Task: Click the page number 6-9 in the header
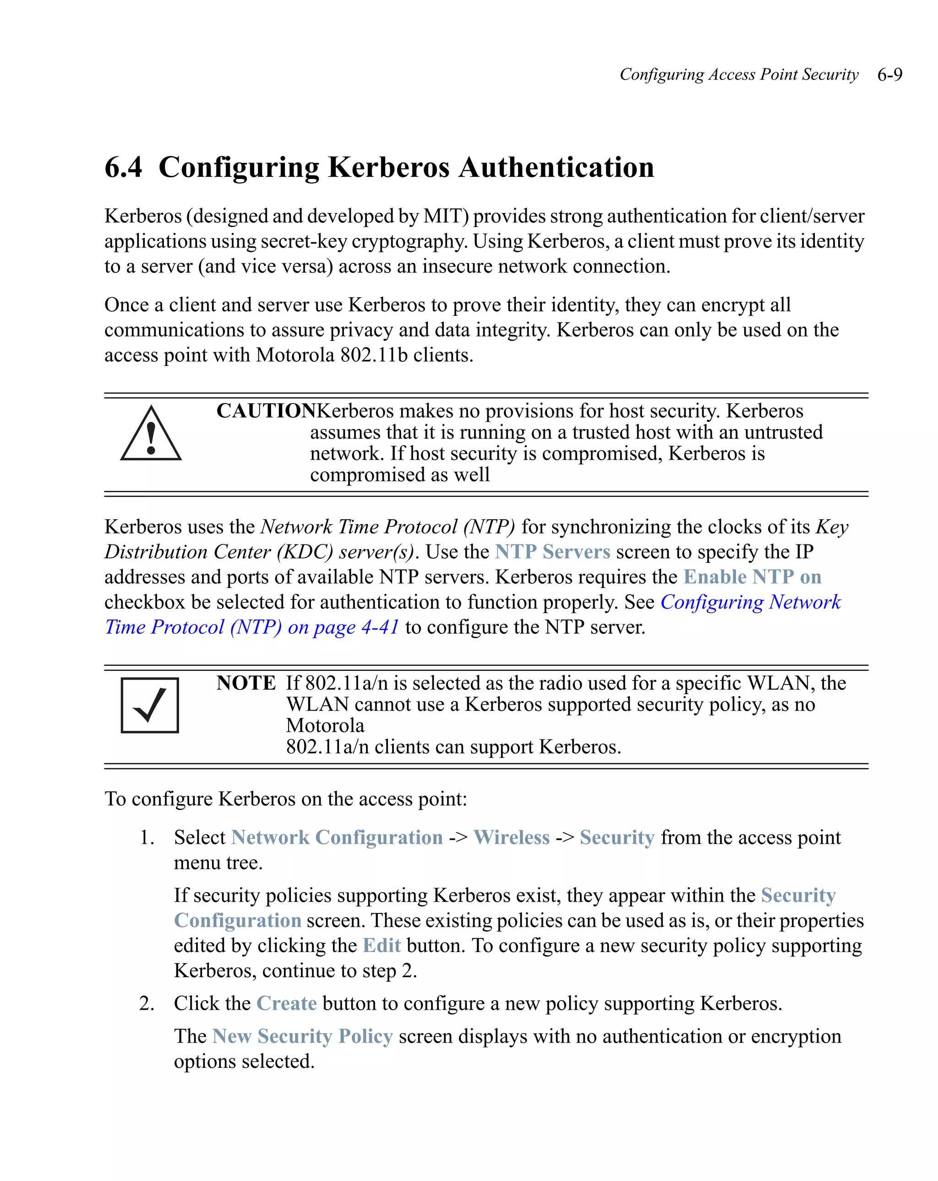(x=889, y=75)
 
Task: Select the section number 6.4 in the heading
(x=123, y=167)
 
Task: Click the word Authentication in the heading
(x=556, y=167)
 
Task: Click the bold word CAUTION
(x=266, y=411)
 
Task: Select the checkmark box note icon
(x=150, y=706)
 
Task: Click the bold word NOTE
(x=246, y=683)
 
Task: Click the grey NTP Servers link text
(x=552, y=552)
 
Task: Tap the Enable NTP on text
(x=752, y=577)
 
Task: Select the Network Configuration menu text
(x=337, y=838)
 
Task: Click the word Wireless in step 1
(x=511, y=838)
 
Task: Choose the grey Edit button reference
(x=382, y=946)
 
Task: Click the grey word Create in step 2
(x=287, y=1003)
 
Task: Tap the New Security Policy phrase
(x=302, y=1036)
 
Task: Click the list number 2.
(x=146, y=1003)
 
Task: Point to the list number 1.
(x=146, y=838)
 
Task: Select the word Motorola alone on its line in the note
(x=325, y=726)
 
